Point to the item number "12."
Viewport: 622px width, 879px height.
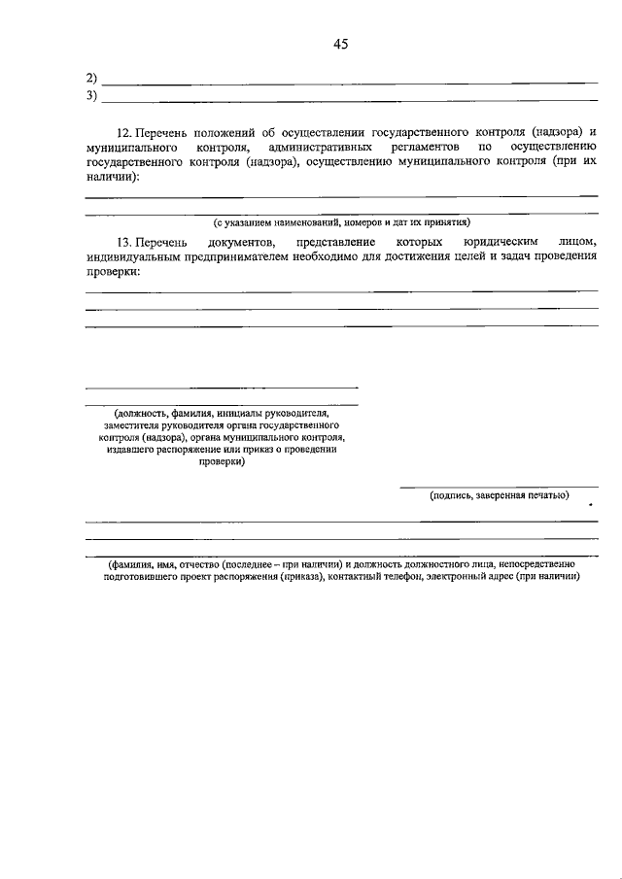(124, 130)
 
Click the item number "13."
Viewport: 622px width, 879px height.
(124, 240)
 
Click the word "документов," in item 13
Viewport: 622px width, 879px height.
(242, 240)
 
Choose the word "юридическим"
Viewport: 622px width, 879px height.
(495, 240)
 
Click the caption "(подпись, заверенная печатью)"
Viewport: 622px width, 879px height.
(500, 496)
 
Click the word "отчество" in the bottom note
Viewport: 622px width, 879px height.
(196, 563)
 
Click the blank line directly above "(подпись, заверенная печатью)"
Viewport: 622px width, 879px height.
(500, 487)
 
